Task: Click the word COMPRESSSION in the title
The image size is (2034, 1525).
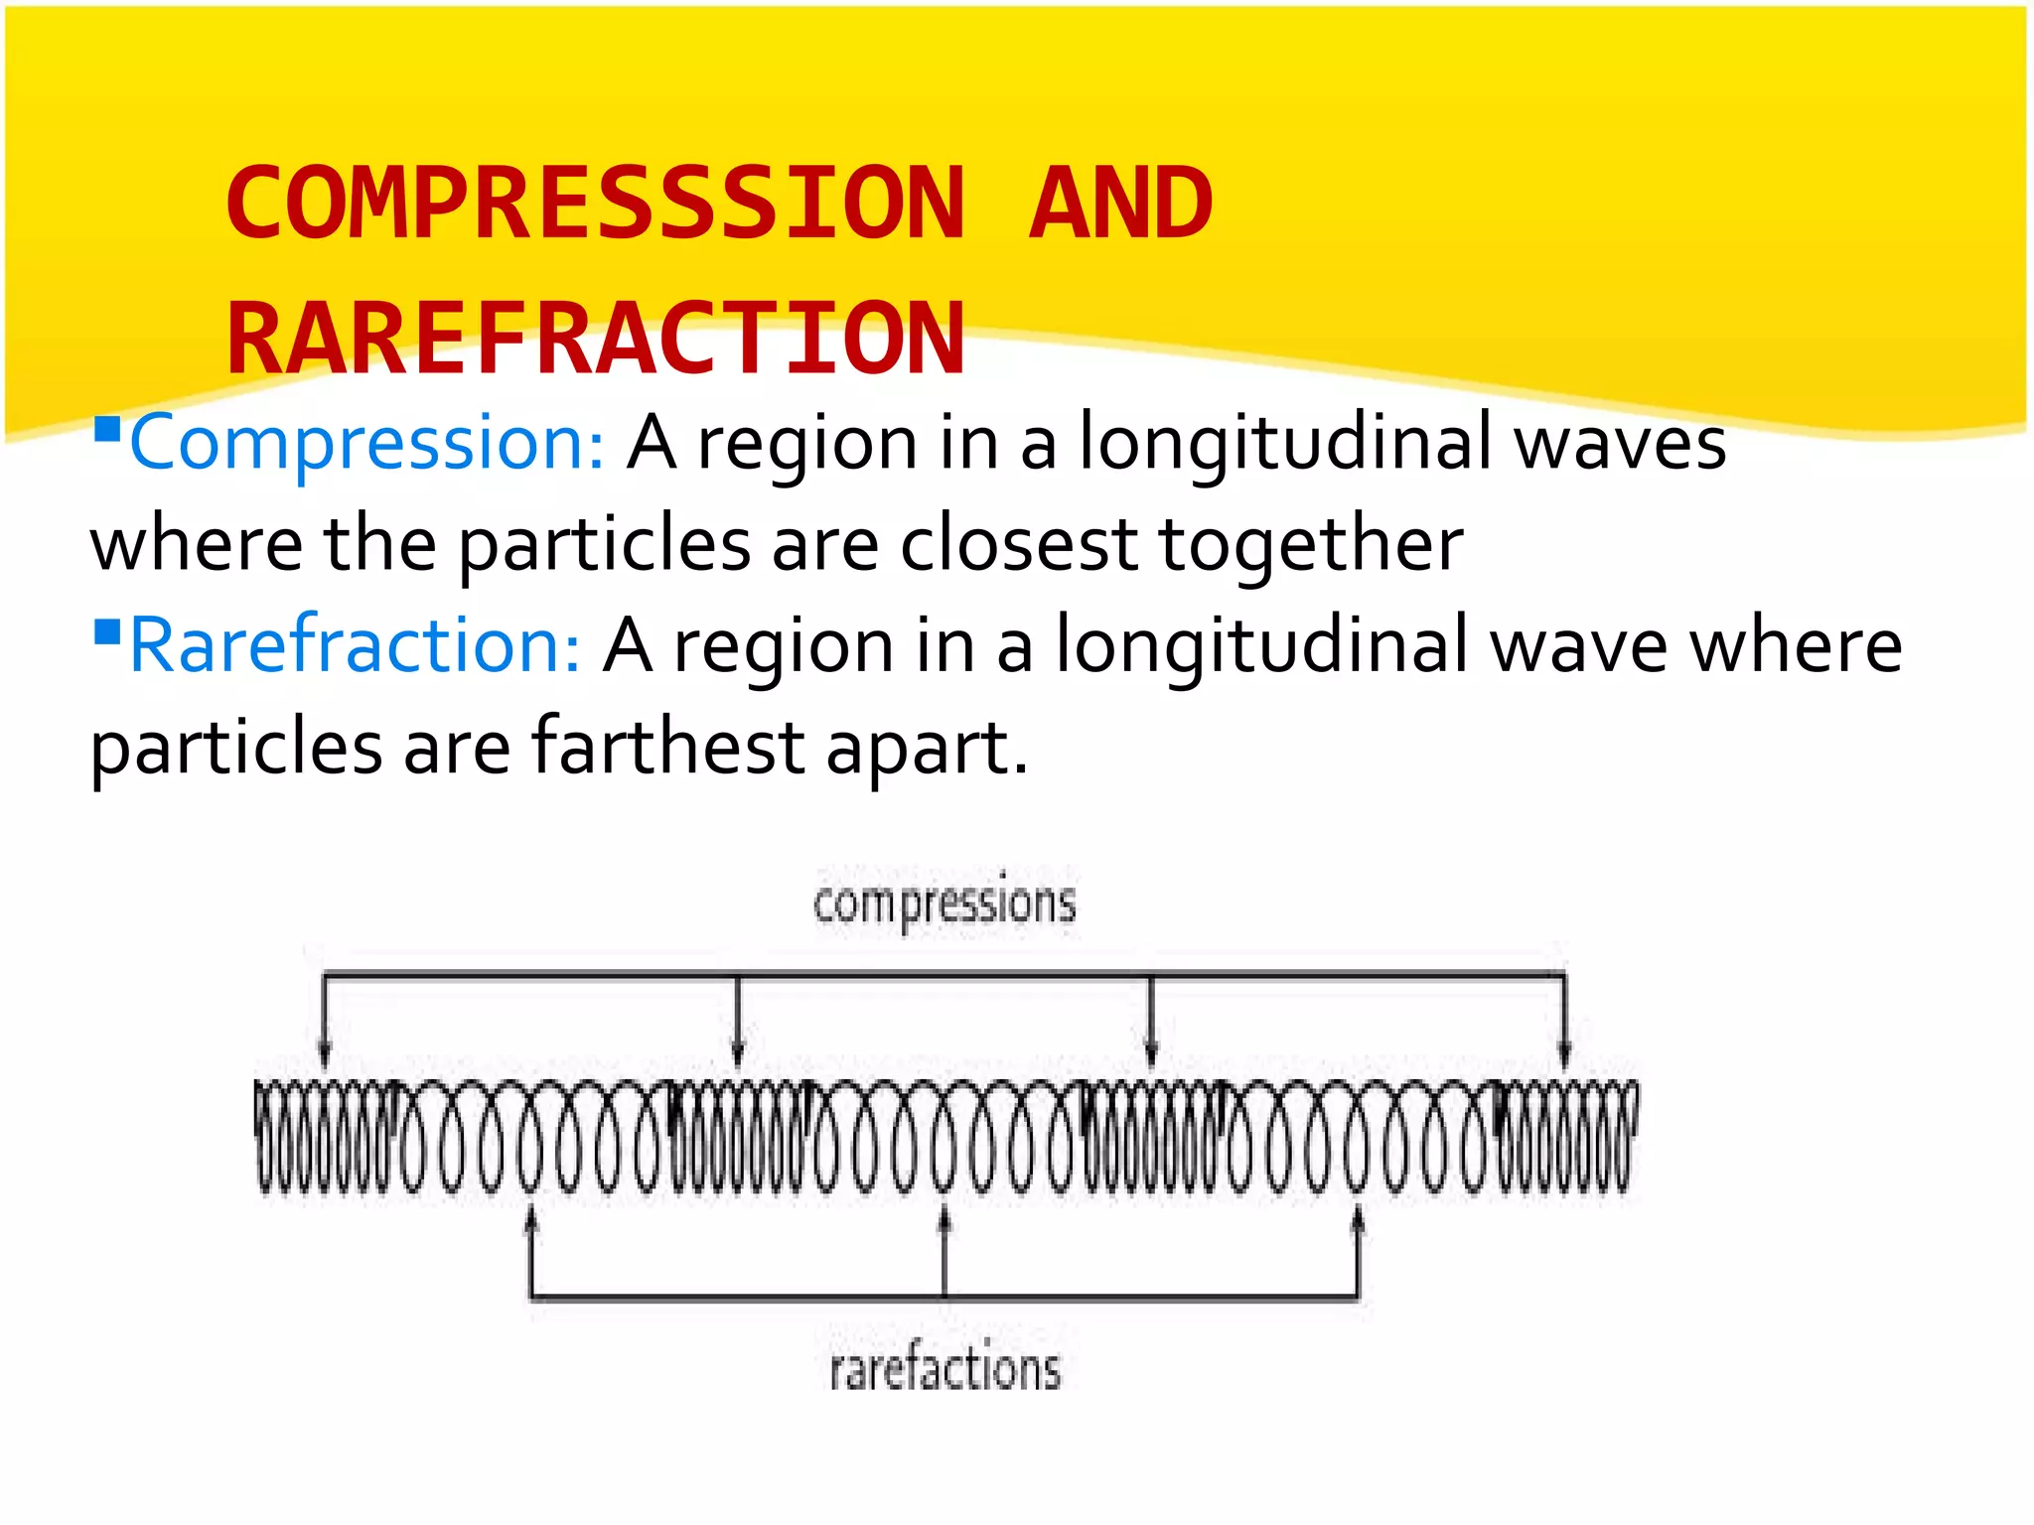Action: (596, 204)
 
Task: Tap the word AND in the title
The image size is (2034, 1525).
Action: (1120, 204)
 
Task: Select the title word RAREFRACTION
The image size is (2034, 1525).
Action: (596, 340)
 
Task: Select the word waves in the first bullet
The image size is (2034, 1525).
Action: (1620, 443)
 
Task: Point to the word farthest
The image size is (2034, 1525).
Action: (667, 747)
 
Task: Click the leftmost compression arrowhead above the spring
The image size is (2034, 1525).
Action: (325, 1054)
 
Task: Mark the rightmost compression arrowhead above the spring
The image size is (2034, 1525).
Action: (1564, 1054)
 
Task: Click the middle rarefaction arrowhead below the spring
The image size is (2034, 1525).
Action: (944, 1217)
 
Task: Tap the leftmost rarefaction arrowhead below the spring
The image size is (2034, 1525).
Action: (531, 1217)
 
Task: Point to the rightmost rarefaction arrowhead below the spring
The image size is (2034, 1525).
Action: (1358, 1217)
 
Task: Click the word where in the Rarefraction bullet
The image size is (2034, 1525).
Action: (1796, 645)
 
